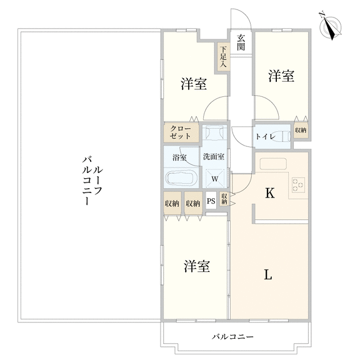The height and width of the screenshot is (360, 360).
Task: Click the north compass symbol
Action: [331, 26]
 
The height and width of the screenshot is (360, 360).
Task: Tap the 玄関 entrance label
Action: [241, 42]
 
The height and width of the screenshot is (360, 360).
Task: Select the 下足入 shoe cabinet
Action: [222, 57]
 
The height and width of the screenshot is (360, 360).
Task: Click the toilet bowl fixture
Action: [283, 136]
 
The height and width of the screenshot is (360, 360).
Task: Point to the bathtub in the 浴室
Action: [180, 178]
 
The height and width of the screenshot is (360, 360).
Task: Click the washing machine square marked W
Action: [215, 178]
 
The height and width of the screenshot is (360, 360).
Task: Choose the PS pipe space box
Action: [211, 201]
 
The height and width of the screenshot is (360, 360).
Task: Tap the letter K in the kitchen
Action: [270, 193]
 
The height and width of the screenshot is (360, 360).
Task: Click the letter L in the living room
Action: [267, 274]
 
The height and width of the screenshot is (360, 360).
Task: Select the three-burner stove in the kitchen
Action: [298, 185]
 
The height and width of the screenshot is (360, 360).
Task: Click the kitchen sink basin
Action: [273, 164]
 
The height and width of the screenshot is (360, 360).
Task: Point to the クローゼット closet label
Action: [181, 132]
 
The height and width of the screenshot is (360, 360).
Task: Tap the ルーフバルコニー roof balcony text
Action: [92, 180]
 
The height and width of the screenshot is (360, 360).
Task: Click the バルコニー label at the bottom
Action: [232, 337]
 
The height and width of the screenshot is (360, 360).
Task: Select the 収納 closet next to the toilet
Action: [301, 131]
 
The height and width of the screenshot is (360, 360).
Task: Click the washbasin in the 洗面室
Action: [214, 132]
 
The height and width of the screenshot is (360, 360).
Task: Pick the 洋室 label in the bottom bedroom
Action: [197, 266]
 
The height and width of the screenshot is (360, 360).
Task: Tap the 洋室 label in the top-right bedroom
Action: [281, 76]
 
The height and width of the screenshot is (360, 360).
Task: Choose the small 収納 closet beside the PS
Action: [224, 199]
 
